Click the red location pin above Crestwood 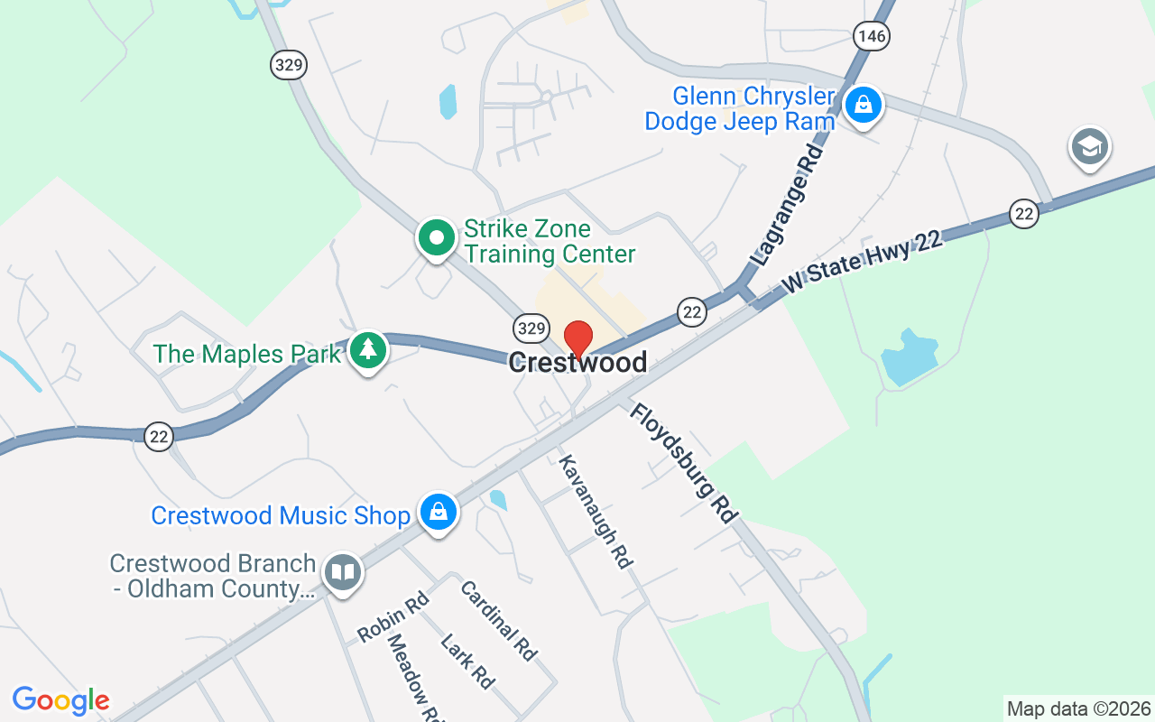577,338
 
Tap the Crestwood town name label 577,363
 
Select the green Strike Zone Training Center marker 437,238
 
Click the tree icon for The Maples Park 367,349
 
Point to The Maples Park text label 247,353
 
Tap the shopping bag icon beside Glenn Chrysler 864,105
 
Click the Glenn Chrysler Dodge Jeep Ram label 740,109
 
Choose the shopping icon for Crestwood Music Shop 438,512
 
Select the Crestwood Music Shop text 281,515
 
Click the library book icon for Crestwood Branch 343,572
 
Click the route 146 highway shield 872,35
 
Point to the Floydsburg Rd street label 684,462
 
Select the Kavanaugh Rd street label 595,511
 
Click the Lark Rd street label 467,662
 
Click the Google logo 61,700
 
